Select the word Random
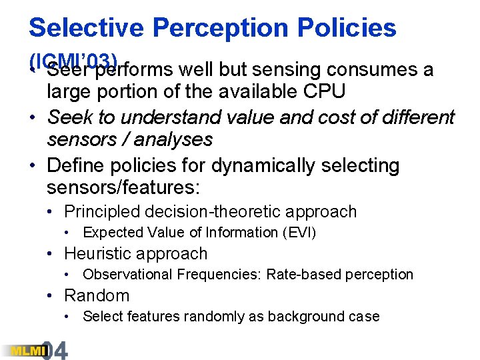(97, 295)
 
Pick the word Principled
(100, 212)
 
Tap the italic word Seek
(69, 118)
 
